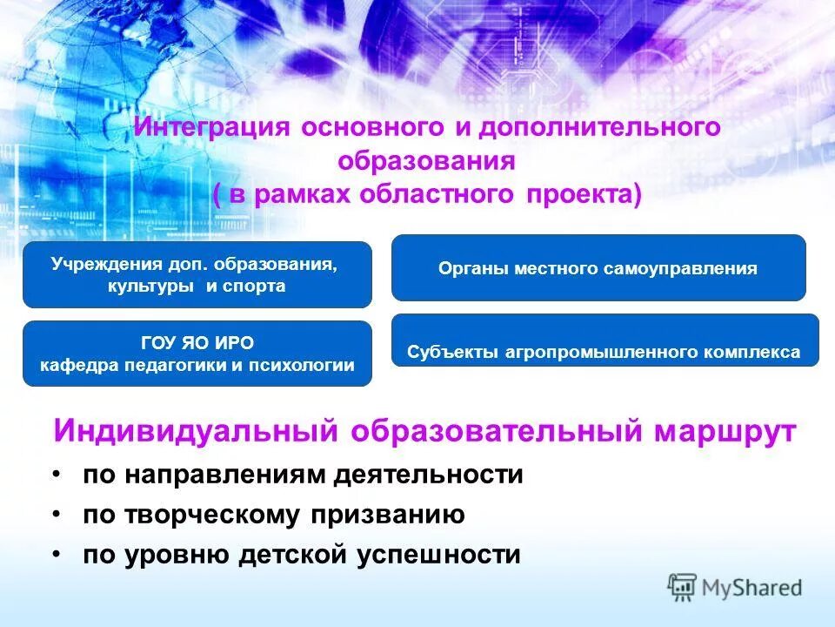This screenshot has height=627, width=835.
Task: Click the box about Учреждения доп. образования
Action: point(197,274)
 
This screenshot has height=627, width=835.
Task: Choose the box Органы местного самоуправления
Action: point(598,268)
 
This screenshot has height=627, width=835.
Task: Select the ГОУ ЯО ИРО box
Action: point(197,354)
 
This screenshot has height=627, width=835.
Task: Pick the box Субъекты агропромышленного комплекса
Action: point(605,340)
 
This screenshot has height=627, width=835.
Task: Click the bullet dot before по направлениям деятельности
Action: point(57,474)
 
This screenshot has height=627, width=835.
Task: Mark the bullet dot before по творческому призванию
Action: point(57,514)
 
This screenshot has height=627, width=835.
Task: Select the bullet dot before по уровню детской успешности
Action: point(57,554)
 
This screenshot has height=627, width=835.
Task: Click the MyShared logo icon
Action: point(684,588)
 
